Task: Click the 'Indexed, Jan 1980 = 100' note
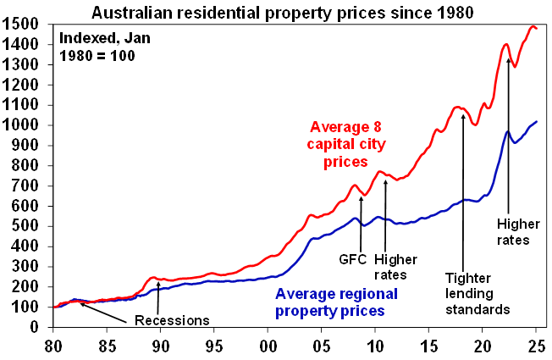click(x=97, y=47)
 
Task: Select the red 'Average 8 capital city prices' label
click(x=339, y=143)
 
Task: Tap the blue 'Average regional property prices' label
click(x=330, y=303)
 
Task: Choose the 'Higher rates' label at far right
click(x=513, y=232)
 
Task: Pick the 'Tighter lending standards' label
click(x=477, y=293)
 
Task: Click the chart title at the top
click(x=276, y=12)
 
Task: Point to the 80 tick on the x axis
click(x=54, y=346)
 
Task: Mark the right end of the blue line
click(x=537, y=122)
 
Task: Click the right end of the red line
click(x=537, y=29)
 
